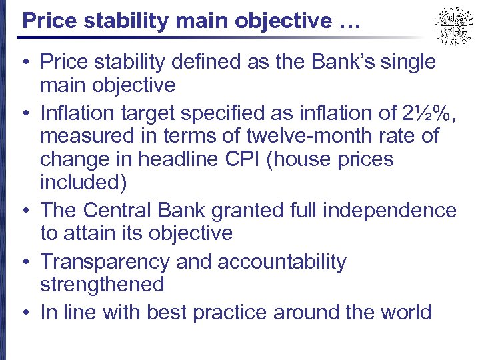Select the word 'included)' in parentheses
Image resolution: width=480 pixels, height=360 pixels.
pos(83,183)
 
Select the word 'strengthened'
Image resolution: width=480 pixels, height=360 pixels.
pos(101,285)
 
